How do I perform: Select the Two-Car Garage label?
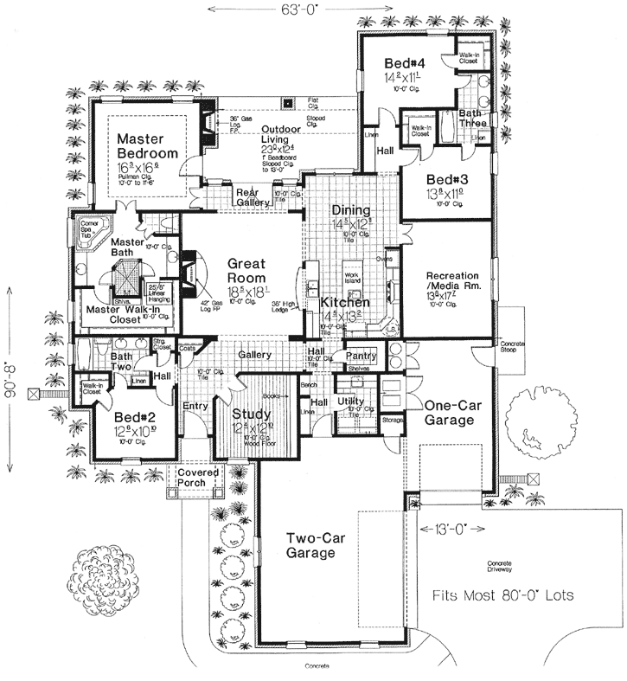316,546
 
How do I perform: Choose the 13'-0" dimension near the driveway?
448,527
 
